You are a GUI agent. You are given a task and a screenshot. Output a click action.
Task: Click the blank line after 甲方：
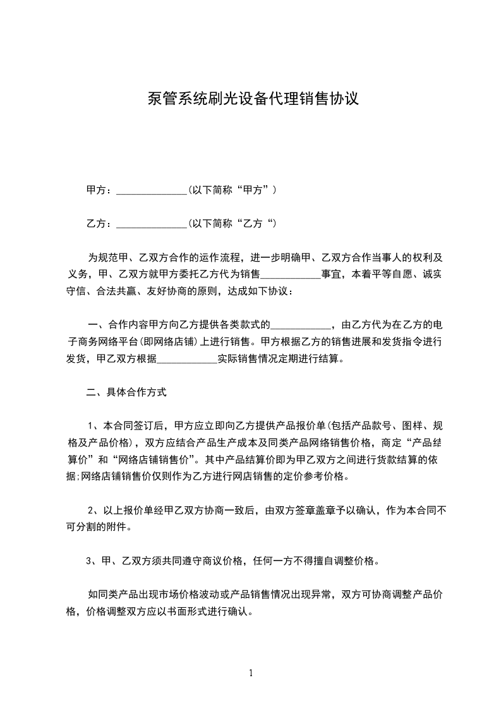[152, 190]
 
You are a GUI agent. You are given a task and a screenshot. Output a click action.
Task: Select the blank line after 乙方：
[152, 224]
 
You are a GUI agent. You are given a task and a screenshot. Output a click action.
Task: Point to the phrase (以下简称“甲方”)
[232, 190]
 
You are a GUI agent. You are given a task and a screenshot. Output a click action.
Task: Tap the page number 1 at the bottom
[251, 673]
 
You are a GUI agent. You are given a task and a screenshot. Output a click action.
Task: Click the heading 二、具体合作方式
[126, 392]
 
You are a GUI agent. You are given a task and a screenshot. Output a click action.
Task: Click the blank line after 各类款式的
[301, 326]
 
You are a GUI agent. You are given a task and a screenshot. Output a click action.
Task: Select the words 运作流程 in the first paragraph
[219, 258]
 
